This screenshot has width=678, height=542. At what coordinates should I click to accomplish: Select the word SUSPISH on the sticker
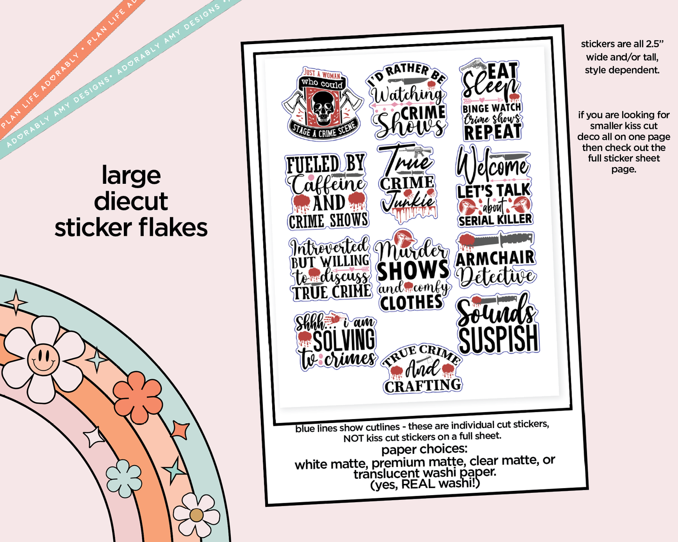tap(498, 339)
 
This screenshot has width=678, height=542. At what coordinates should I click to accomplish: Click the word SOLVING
tap(344, 340)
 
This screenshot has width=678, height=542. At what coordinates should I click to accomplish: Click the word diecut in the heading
tap(130, 202)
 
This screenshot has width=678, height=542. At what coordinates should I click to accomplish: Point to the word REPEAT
tap(492, 132)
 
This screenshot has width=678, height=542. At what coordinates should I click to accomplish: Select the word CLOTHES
tap(411, 303)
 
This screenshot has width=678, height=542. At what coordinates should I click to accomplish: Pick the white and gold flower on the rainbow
tap(196, 515)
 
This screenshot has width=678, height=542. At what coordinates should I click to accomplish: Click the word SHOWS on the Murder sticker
tap(413, 271)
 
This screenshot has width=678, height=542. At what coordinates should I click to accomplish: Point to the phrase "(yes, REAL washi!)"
tap(425, 484)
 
